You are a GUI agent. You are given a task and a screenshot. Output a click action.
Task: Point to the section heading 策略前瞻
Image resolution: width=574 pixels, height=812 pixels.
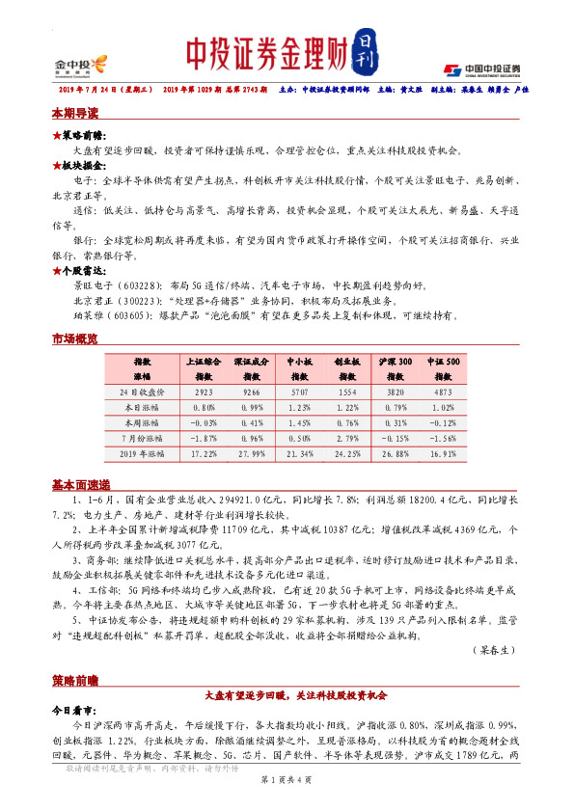74,680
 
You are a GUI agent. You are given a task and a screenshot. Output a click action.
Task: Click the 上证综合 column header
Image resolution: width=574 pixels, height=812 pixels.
204,360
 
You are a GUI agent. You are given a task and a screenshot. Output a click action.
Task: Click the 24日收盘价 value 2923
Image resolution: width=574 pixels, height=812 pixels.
204,392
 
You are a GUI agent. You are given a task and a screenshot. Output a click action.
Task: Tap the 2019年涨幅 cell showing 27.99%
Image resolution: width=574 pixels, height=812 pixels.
251,452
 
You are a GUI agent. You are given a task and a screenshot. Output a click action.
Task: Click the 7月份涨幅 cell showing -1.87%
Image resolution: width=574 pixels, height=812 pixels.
204,438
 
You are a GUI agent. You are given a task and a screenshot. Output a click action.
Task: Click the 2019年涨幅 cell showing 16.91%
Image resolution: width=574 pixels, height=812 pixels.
443,452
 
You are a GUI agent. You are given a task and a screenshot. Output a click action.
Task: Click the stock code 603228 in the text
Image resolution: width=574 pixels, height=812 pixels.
137,286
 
